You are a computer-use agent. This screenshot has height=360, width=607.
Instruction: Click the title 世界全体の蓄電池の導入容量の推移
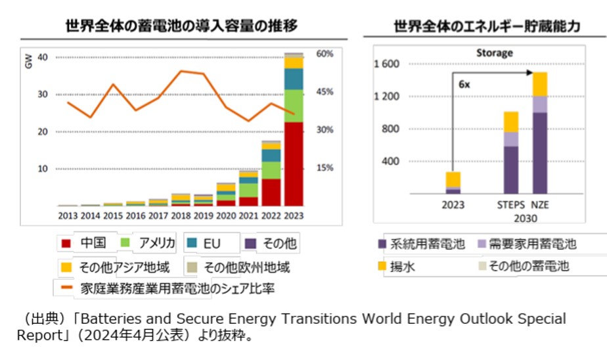coord(181,26)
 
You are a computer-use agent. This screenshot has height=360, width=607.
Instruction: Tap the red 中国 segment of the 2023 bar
coord(294,164)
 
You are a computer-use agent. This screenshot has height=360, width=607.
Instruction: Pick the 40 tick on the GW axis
coord(43,57)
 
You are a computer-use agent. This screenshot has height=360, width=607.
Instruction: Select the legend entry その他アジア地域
coord(123,267)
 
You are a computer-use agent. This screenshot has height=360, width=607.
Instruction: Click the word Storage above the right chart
coord(494,53)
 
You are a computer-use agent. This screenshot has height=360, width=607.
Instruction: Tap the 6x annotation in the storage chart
coord(464,85)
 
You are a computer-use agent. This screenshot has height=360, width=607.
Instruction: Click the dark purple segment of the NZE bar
coord(539,152)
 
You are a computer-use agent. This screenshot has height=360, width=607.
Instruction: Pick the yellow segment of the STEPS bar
coord(510,122)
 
